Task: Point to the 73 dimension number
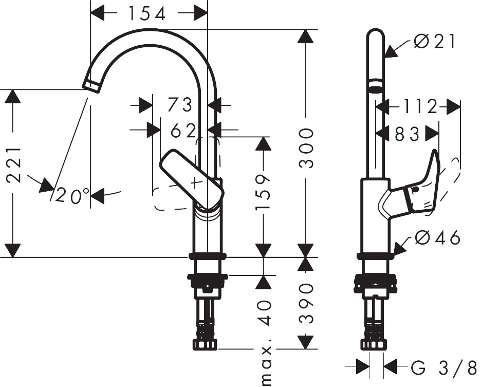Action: tap(180, 105)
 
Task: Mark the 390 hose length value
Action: tap(306, 302)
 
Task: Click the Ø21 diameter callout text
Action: tap(435, 42)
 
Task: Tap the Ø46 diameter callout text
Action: tap(437, 237)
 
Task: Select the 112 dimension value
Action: tap(420, 107)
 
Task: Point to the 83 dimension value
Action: tap(408, 134)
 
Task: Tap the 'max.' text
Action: tap(267, 366)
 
